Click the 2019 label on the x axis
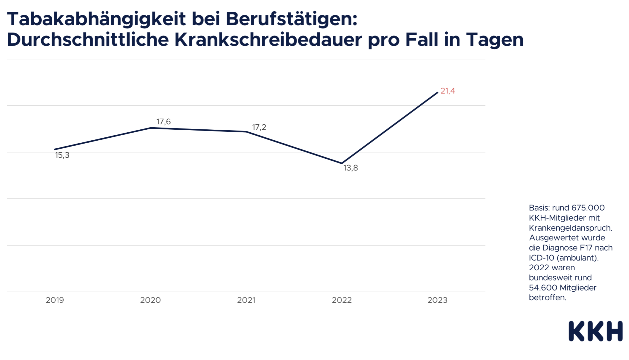[x=55, y=300]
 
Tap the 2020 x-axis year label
[x=150, y=300]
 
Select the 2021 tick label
[x=246, y=300]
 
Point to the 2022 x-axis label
[x=342, y=300]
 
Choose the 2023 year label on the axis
[x=437, y=300]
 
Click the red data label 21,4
[x=448, y=91]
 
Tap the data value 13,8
[x=350, y=168]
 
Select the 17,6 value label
[x=164, y=122]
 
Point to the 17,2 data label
[x=259, y=127]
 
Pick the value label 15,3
[x=62, y=155]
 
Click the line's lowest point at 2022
[x=342, y=163]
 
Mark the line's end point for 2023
[x=437, y=93]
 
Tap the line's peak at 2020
[x=151, y=128]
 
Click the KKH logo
[x=595, y=331]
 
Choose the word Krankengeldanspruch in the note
[x=570, y=228]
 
